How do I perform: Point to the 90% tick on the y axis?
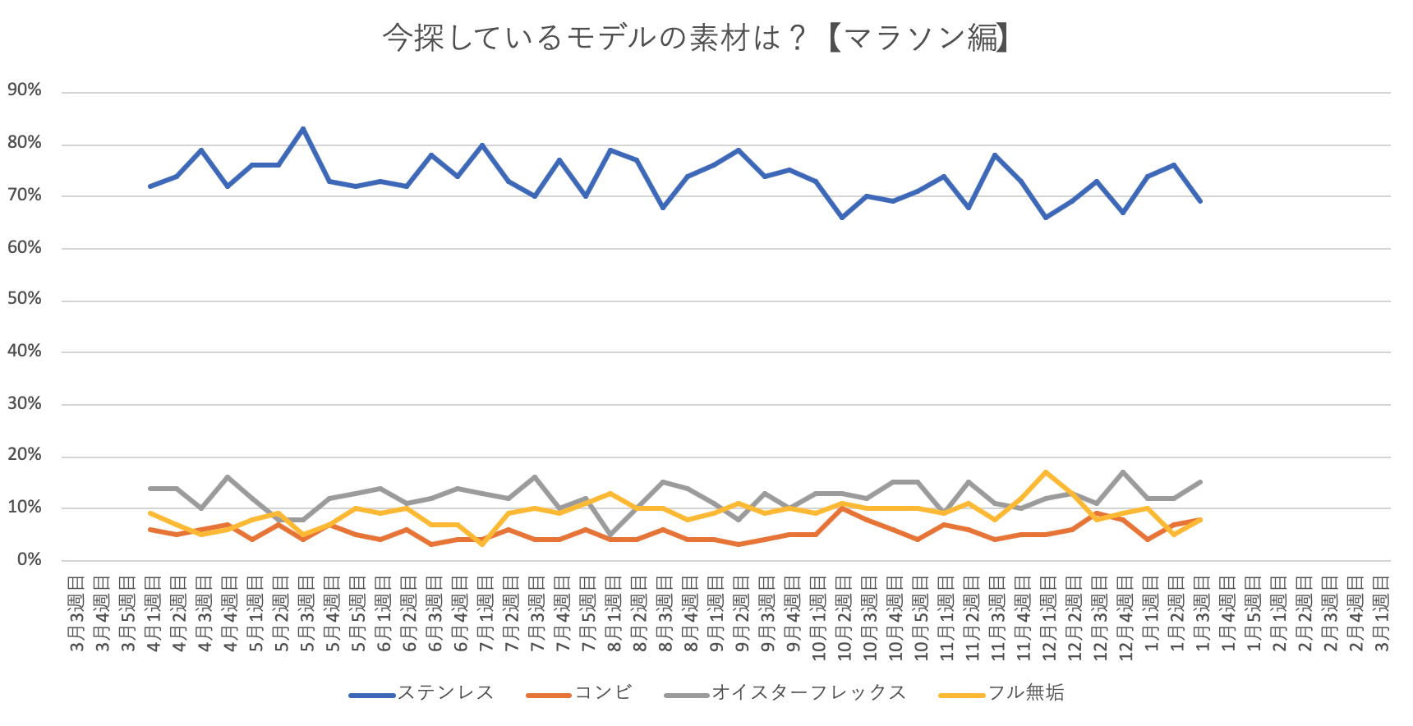coord(25,90)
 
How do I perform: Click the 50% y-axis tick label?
coord(25,299)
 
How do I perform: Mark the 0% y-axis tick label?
coord(29,559)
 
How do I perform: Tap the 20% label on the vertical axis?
coord(25,455)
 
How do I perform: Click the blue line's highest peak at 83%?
coord(304,129)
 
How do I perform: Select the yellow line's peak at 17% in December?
coord(1046,472)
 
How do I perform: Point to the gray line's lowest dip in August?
coord(610,535)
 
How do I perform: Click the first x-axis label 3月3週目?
coord(76,614)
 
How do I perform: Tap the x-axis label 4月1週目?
coord(153,614)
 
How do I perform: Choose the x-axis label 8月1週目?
coord(613,614)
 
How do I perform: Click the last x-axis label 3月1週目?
coord(1380,614)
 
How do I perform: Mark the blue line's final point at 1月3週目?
coord(1200,200)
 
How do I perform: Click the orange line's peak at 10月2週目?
coord(842,508)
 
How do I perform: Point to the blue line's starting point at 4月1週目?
coord(150,186)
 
